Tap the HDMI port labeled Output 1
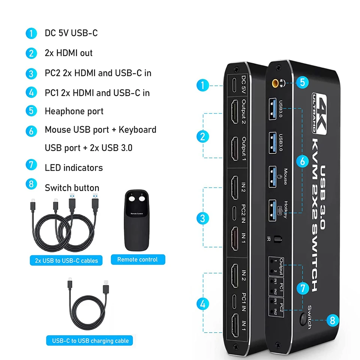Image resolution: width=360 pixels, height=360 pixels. click(x=235, y=149)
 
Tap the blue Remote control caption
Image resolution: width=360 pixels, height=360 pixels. click(x=138, y=259)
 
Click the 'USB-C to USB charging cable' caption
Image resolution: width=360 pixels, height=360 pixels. click(x=90, y=341)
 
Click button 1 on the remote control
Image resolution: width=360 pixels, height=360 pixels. click(x=132, y=199)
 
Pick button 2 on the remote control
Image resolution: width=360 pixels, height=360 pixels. click(x=142, y=199)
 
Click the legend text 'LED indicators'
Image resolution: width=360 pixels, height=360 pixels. click(x=73, y=168)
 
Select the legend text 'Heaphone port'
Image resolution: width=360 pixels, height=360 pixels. click(x=74, y=111)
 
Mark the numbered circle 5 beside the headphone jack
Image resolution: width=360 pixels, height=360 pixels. click(x=302, y=82)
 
